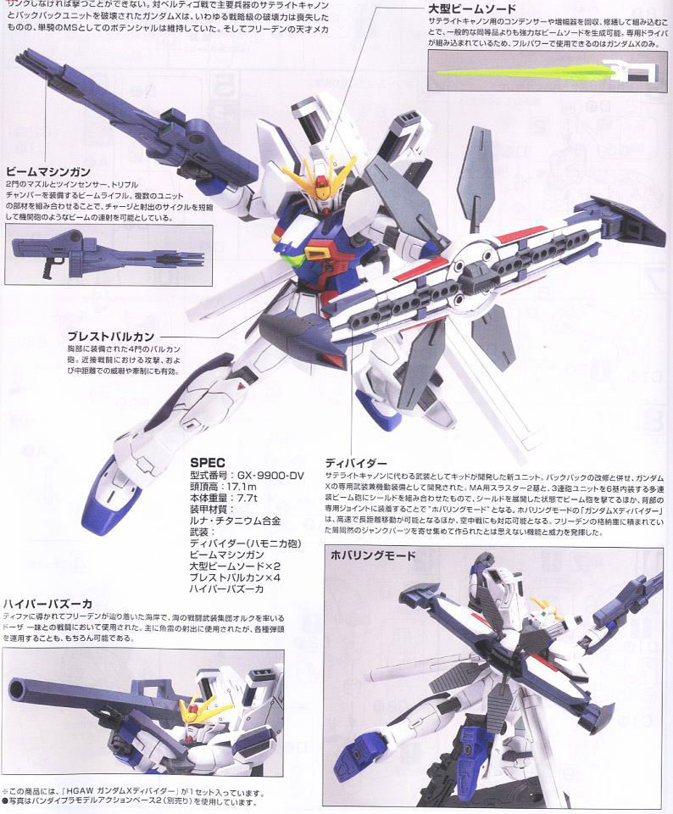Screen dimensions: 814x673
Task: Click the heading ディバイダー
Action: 356,464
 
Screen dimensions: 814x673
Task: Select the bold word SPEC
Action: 207,461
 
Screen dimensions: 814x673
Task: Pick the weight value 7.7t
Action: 252,502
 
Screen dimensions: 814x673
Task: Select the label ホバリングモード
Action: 373,556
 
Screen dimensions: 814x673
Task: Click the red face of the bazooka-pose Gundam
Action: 193,711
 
